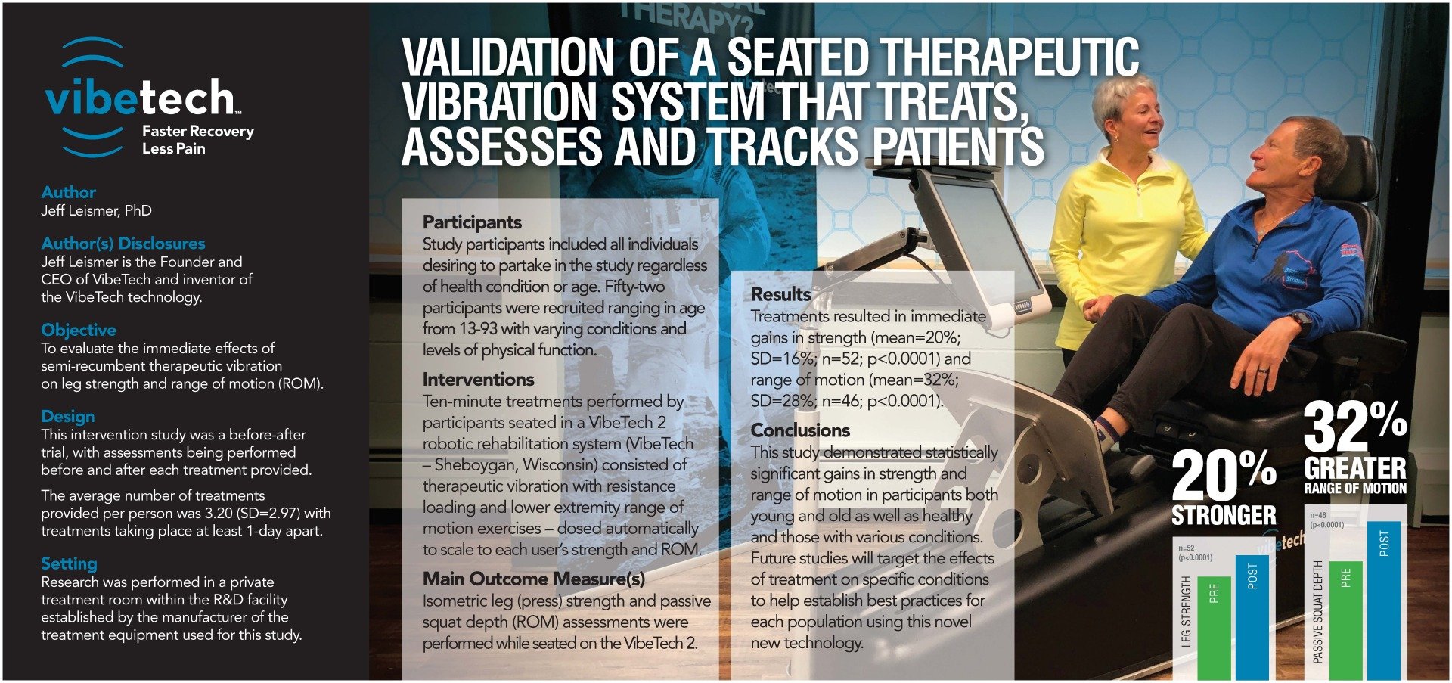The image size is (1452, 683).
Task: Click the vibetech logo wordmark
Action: [x=140, y=98]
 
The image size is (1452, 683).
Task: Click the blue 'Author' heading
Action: [x=68, y=192]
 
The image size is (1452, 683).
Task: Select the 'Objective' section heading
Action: [x=79, y=330]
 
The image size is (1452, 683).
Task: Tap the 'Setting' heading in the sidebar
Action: [x=69, y=563]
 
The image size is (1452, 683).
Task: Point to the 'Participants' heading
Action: [x=472, y=222]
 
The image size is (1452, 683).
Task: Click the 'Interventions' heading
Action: [x=478, y=380]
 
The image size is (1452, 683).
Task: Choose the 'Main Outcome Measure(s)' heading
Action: [x=534, y=579]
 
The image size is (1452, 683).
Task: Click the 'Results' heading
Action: [x=780, y=294]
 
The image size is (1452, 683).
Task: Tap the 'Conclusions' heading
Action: [x=800, y=430]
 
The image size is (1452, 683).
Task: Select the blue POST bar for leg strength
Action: [x=1252, y=616]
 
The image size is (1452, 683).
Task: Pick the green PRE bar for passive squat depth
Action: [x=1345, y=619]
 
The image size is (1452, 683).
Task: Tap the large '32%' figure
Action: [x=1354, y=427]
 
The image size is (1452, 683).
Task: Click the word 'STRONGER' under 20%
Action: [x=1224, y=516]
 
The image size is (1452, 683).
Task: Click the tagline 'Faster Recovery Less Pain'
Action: [x=198, y=140]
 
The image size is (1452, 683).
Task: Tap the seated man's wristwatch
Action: [x=1300, y=322]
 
